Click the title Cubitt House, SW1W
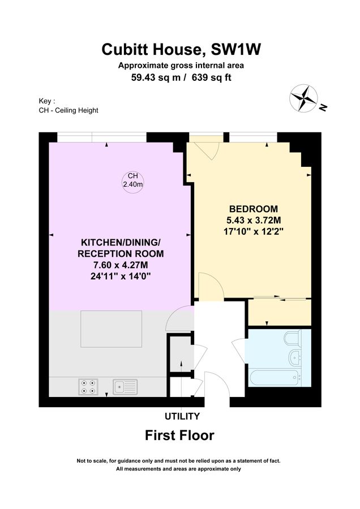click(182, 50)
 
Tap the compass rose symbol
click(305, 97)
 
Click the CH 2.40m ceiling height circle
click(133, 180)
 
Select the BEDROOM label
click(254, 209)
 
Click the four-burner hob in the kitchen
click(87, 386)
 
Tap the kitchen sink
click(124, 386)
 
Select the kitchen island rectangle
click(112, 329)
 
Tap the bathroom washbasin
click(295, 357)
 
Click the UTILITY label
click(182, 417)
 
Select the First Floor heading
click(180, 435)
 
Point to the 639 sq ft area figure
click(212, 78)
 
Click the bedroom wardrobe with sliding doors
click(279, 310)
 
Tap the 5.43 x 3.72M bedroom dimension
click(254, 219)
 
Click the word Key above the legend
click(47, 101)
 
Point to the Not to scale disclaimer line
click(179, 461)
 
